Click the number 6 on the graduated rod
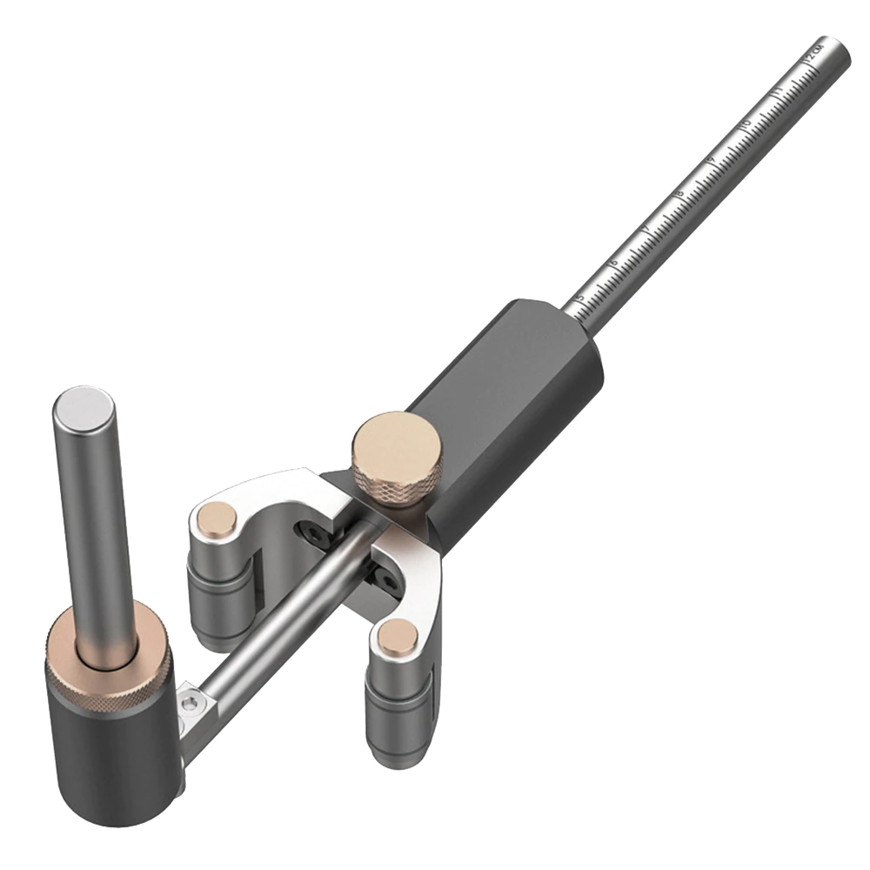tap(613, 262)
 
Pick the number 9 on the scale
tap(712, 158)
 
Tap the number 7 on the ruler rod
tap(646, 228)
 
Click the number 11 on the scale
tap(777, 90)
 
